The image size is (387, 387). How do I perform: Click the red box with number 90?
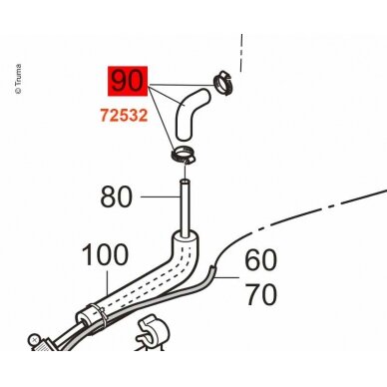click(128, 81)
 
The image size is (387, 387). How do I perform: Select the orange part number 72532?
click(124, 116)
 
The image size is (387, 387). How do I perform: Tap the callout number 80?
click(117, 196)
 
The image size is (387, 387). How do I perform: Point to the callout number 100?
click(105, 255)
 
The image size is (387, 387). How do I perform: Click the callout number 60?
click(260, 260)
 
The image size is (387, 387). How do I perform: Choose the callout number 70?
click(260, 294)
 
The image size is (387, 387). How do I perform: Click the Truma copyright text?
click(19, 79)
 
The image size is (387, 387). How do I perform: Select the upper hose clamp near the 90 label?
click(222, 83)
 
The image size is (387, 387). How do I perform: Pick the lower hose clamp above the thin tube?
click(183, 156)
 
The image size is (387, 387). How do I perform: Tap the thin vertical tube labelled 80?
click(185, 207)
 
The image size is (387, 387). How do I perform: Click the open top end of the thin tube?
click(185, 182)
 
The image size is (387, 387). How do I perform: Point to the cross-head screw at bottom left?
click(34, 339)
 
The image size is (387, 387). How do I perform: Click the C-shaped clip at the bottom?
click(153, 333)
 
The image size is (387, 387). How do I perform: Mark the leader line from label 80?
click(161, 196)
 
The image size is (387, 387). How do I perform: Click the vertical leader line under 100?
click(108, 283)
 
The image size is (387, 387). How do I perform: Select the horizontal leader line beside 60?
click(226, 276)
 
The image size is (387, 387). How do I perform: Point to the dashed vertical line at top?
click(241, 53)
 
